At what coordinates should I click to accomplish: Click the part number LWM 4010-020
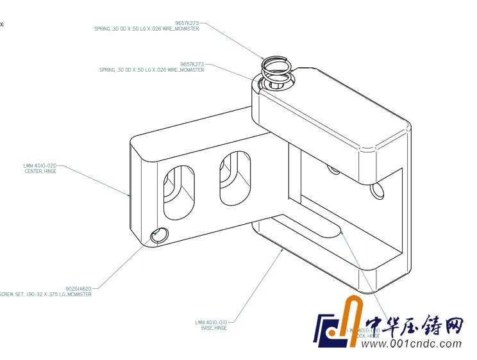click(40, 165)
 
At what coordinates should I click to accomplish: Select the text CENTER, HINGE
click(40, 171)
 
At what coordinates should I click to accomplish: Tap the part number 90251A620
click(78, 288)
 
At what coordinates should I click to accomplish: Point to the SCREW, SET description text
click(45, 295)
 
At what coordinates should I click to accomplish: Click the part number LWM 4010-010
click(211, 322)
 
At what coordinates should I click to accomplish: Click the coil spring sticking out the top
click(278, 69)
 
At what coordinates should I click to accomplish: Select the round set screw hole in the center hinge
click(158, 235)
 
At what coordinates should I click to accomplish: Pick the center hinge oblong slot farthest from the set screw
click(235, 178)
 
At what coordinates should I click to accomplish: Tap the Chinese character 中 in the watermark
click(376, 326)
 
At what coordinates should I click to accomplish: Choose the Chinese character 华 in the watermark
click(401, 326)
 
